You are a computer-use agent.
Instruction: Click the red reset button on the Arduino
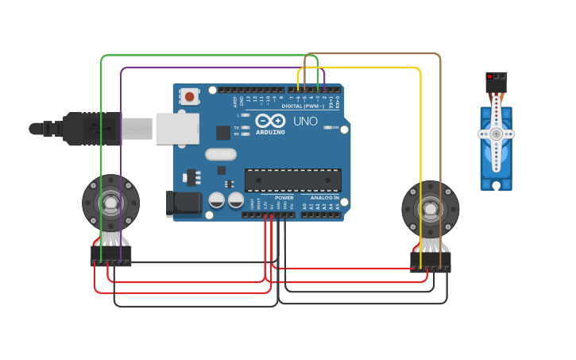190,97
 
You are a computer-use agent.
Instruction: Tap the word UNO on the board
306,122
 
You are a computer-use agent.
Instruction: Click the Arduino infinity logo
270,121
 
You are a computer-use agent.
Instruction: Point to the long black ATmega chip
292,180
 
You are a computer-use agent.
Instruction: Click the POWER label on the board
284,198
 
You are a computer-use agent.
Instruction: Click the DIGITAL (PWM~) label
303,106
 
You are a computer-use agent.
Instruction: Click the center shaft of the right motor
430,210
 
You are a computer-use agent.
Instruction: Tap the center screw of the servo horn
497,134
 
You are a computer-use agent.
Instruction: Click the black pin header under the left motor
110,256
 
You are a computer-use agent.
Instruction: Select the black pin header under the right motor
430,262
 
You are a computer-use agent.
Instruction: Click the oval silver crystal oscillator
220,154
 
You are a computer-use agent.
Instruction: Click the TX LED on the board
245,127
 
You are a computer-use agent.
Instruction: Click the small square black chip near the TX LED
223,133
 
